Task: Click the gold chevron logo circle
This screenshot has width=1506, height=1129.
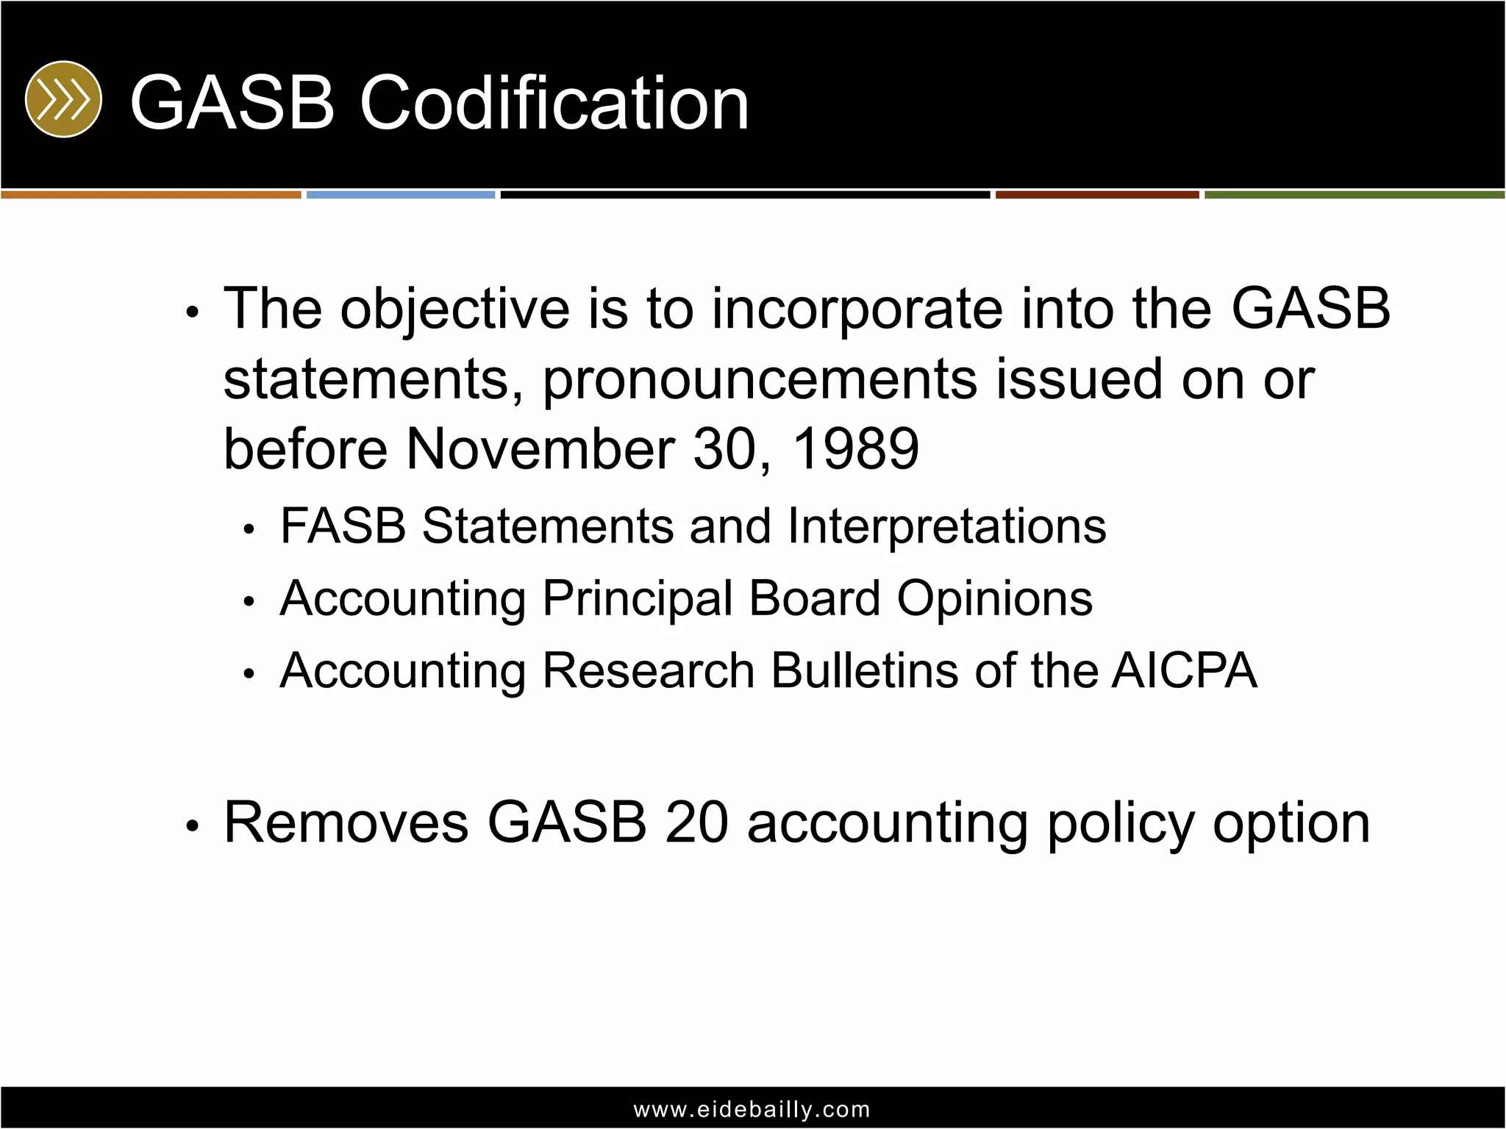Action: (63, 99)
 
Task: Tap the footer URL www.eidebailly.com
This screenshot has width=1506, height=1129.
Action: (752, 1109)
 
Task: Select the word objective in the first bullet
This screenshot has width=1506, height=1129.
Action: (454, 309)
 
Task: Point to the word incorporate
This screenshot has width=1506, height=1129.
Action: (857, 309)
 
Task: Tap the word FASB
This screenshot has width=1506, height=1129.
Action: (343, 526)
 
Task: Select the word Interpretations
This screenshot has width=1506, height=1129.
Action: (946, 526)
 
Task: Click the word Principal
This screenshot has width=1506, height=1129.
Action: (638, 598)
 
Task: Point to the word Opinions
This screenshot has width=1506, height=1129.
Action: (994, 598)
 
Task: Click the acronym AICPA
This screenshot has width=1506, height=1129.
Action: (1184, 670)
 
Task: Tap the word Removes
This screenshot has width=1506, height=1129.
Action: (346, 822)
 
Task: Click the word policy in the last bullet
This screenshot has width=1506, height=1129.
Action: (1121, 823)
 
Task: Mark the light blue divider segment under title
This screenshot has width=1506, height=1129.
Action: (401, 195)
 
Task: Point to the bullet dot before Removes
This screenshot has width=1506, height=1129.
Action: (193, 827)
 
